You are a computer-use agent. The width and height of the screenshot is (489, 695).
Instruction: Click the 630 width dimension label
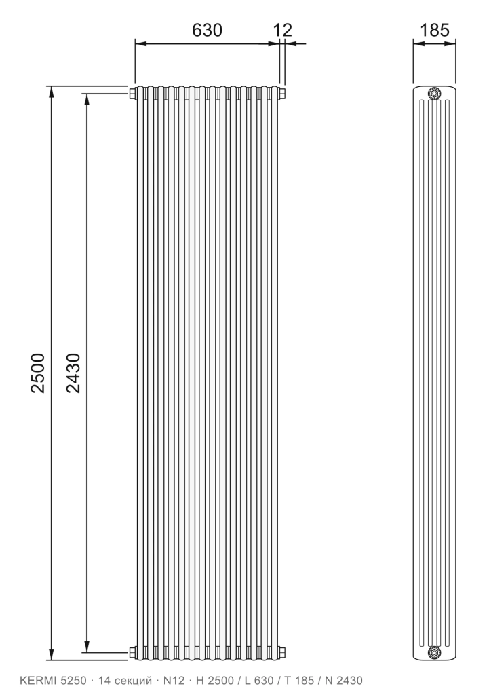click(x=207, y=30)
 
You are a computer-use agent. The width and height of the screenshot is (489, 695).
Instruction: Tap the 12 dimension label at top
click(x=283, y=30)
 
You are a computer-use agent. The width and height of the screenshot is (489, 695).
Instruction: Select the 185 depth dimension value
click(x=434, y=30)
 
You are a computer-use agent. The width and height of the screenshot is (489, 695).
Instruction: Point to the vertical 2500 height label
click(x=38, y=373)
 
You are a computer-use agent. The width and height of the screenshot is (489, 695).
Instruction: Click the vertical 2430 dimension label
click(x=73, y=373)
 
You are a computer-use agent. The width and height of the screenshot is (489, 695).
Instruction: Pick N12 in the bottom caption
click(x=174, y=680)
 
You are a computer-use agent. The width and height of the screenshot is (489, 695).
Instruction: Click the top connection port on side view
click(x=434, y=94)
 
